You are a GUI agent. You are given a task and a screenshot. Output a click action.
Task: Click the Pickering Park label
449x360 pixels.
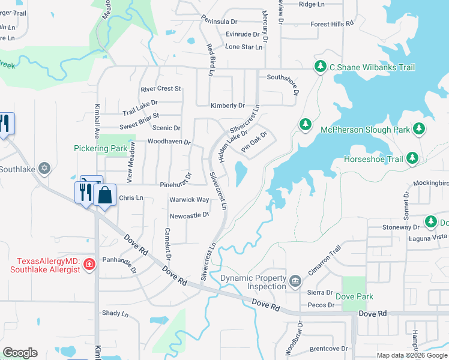100,148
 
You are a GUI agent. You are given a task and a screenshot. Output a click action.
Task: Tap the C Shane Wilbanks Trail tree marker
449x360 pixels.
321,67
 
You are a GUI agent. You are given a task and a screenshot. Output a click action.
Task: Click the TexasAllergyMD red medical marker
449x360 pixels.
89,264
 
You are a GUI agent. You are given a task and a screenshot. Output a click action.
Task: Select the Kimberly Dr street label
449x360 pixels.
227,106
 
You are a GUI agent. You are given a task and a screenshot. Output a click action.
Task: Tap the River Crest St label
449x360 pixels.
160,89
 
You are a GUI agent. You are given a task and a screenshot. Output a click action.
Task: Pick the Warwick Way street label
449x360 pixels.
188,199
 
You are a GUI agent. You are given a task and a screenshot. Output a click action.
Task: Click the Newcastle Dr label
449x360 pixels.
188,215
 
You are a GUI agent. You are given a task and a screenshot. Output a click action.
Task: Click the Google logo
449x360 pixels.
20,353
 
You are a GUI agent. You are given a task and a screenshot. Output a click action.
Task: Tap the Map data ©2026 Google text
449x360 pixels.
412,356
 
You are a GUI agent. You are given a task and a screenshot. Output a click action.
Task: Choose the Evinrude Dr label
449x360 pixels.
245,35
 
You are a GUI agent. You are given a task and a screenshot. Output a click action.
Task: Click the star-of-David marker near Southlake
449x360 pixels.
44,168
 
